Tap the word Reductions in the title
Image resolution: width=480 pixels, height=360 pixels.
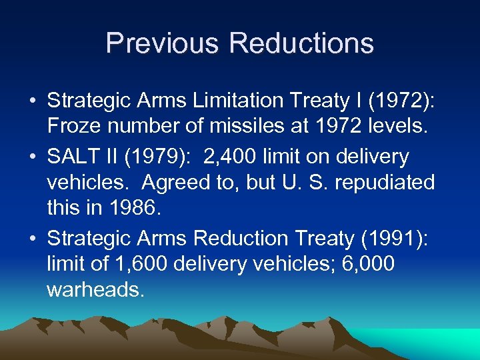[301, 43]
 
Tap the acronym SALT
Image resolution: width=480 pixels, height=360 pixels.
[72, 157]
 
